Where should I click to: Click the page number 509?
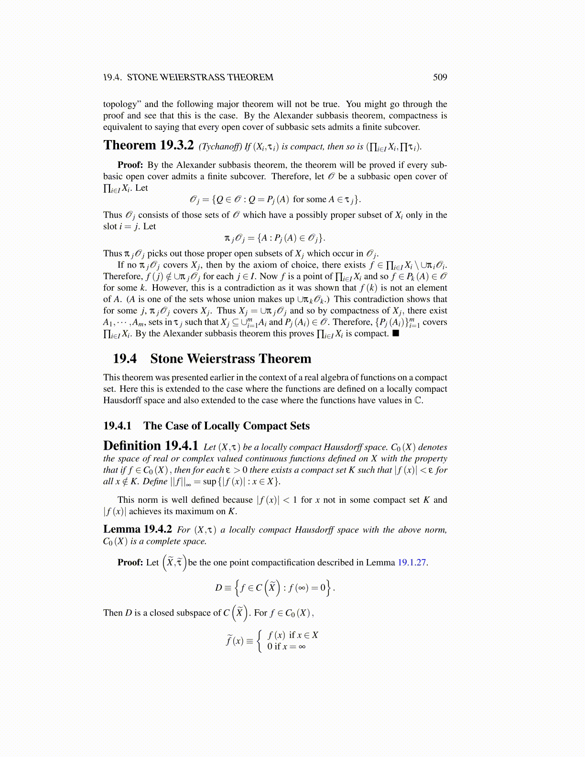[x=440, y=77]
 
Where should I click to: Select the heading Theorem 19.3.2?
[x=148, y=145]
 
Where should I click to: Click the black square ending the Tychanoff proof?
[x=395, y=334]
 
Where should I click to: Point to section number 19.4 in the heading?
[x=124, y=359]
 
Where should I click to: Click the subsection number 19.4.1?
[x=117, y=426]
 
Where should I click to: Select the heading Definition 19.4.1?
[x=151, y=446]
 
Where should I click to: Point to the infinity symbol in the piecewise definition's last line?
[x=302, y=647]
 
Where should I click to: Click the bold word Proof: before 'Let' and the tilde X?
[x=130, y=562]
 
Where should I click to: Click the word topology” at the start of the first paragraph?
[x=122, y=104]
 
